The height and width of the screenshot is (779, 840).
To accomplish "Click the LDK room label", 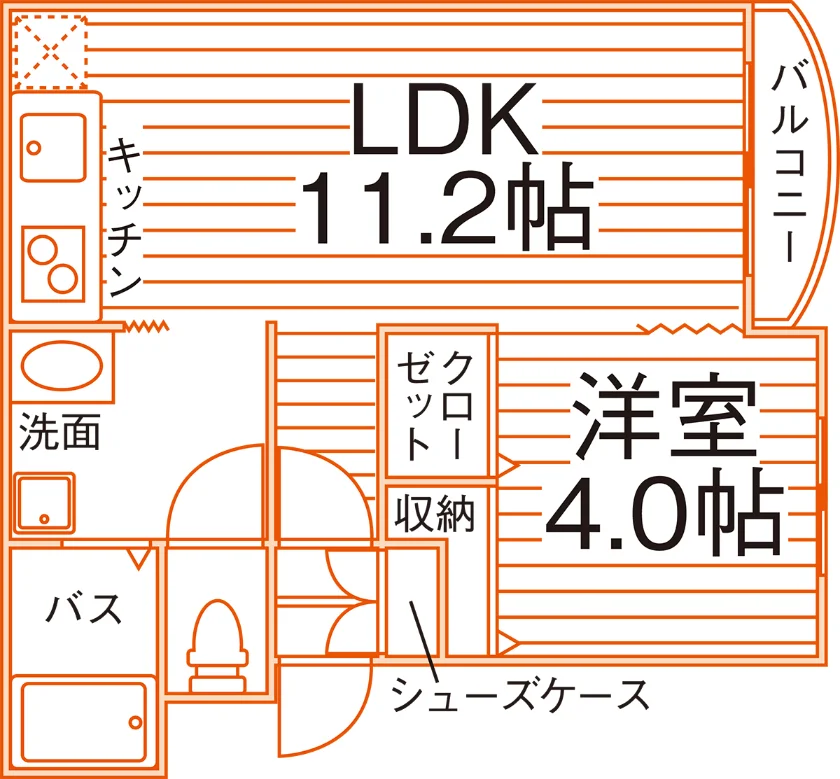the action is pyautogui.click(x=444, y=118).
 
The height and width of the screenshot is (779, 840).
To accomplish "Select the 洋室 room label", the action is pyautogui.click(x=665, y=414).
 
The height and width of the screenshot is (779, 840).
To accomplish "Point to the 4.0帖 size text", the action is pyautogui.click(x=664, y=513).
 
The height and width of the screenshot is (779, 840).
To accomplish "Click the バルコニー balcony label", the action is pyautogui.click(x=790, y=163).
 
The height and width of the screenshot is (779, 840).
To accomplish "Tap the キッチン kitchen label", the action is pyautogui.click(x=125, y=217).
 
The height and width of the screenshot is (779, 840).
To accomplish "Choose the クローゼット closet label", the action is pyautogui.click(x=435, y=405).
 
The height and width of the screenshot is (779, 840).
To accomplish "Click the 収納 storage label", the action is pyautogui.click(x=435, y=513).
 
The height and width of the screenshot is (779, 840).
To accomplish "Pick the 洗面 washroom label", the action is pyautogui.click(x=60, y=431).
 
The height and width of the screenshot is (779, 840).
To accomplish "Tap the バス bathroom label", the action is pyautogui.click(x=84, y=608).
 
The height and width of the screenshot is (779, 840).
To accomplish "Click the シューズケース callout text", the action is pyautogui.click(x=520, y=695).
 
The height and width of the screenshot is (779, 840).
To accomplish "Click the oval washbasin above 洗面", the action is pyautogui.click(x=62, y=366).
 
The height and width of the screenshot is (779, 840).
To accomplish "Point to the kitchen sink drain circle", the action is pyautogui.click(x=34, y=147).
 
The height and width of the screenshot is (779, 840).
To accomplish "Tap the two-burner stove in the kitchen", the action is pyautogui.click(x=53, y=264).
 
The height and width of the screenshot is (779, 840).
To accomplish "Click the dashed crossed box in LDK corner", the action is pyautogui.click(x=50, y=51).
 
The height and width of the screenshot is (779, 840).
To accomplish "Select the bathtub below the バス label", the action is pyautogui.click(x=84, y=721).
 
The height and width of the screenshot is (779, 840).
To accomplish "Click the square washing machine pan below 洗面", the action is pyautogui.click(x=44, y=504).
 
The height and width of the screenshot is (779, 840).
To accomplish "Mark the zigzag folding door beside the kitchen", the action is pyautogui.click(x=146, y=326).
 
